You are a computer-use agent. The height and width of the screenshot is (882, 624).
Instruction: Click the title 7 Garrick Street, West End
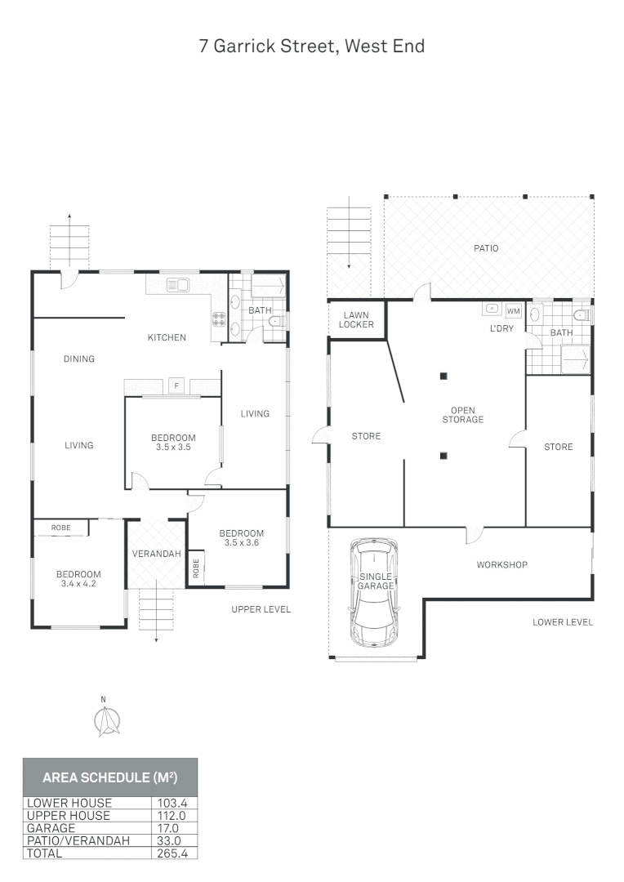tap(311, 46)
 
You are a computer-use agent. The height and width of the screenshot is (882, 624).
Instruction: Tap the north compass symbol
tap(105, 719)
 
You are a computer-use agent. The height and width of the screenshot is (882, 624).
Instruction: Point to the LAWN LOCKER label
tap(357, 319)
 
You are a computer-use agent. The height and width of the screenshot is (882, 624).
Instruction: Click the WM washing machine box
tap(513, 311)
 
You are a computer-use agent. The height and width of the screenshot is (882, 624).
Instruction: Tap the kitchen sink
tap(177, 285)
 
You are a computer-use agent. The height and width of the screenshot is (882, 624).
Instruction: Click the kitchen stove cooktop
tap(219, 320)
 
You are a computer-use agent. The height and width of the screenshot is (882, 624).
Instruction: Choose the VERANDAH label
tap(156, 554)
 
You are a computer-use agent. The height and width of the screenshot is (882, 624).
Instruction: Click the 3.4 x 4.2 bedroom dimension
tap(78, 584)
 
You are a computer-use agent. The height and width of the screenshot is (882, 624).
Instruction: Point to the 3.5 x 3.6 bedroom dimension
tap(241, 543)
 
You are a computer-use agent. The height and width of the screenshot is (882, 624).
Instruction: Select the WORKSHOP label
tap(501, 564)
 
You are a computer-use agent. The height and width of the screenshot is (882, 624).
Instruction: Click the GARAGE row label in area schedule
tap(51, 827)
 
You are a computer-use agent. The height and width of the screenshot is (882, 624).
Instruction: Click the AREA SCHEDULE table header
tap(109, 777)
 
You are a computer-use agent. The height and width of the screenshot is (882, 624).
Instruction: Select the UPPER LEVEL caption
tap(261, 609)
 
